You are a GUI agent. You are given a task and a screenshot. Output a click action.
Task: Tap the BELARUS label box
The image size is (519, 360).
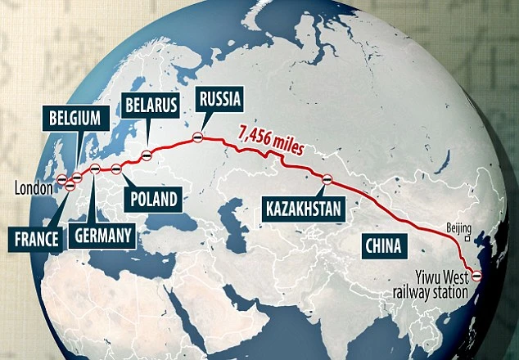pos(151,105)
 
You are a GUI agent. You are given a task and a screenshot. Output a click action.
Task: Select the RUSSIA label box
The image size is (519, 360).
pos(219,100)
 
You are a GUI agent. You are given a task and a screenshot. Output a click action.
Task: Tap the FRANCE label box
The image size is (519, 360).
pos(37,239)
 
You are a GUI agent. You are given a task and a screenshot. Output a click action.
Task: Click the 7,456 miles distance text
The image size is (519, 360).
pos(271,140)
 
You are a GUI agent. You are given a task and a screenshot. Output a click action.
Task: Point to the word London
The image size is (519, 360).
pos(32,188)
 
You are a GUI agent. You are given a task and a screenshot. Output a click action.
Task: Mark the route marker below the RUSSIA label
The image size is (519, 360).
pos(197,138)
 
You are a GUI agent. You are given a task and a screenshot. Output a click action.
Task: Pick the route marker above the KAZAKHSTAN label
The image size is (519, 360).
pos(327,177)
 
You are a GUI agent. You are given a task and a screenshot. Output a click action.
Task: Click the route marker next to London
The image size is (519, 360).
pos(63,179)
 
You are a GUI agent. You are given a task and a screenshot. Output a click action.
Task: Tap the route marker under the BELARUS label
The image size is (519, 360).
pos(146,153)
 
